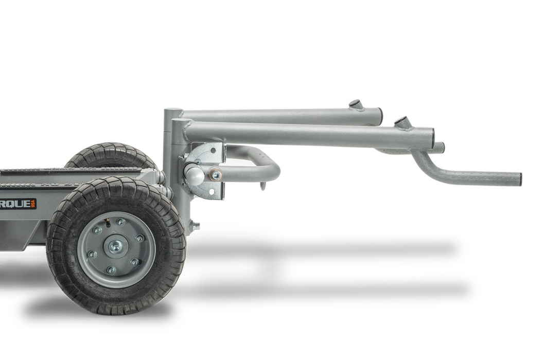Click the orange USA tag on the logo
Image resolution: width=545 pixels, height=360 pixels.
(33, 204)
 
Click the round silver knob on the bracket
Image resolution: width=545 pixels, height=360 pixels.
(194, 175)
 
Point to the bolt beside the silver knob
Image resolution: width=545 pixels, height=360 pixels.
(216, 176)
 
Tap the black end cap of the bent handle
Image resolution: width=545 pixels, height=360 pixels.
(519, 179)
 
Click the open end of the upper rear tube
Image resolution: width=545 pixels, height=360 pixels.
(380, 116)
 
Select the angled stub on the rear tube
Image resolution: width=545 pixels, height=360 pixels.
(355, 105)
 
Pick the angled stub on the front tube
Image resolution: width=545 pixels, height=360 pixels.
(403, 122)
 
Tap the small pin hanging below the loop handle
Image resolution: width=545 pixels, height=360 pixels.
(263, 185)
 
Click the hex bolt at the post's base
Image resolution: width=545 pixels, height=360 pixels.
(196, 225)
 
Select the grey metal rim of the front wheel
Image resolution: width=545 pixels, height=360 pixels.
(136, 267)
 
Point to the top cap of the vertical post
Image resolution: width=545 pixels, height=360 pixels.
(172, 111)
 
